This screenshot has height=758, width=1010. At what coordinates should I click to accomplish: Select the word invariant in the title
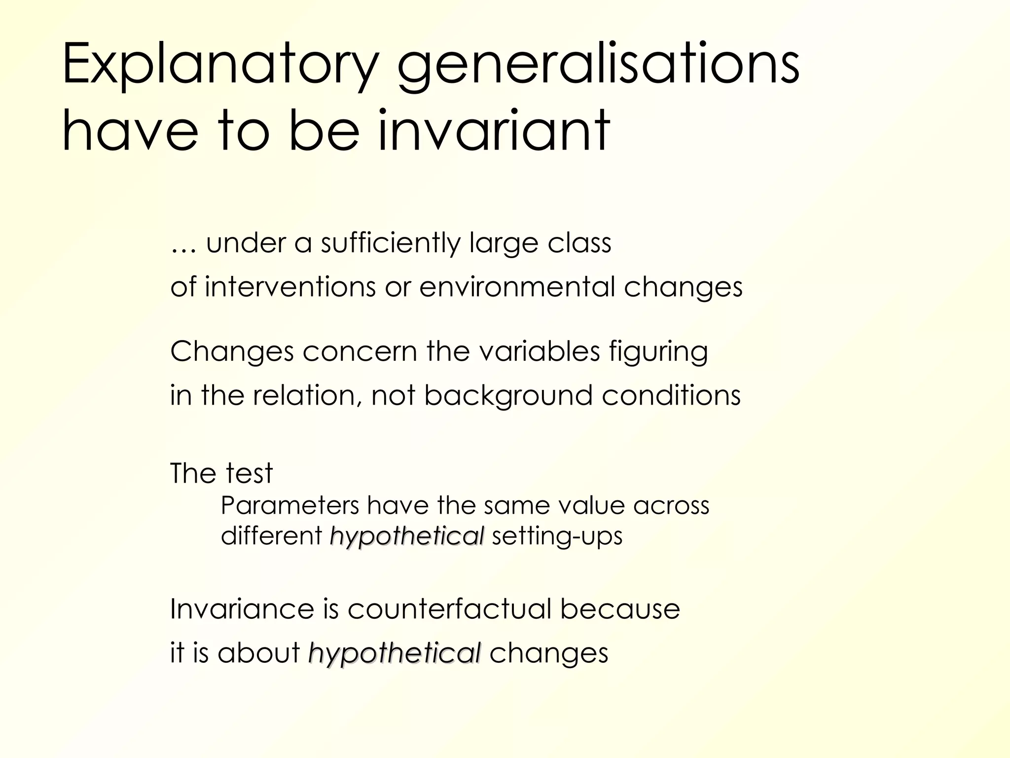coord(494,131)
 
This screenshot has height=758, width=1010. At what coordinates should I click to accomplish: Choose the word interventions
coord(290,287)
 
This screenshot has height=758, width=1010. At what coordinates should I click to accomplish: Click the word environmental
coord(517,287)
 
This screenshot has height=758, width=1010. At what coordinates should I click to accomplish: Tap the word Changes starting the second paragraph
coord(232,352)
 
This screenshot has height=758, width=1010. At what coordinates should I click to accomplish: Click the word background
coord(508,396)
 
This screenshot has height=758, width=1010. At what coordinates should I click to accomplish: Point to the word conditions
coord(671,395)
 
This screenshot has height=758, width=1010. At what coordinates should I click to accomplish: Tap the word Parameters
coord(290,505)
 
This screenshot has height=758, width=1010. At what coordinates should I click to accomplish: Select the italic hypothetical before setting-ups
coord(407,536)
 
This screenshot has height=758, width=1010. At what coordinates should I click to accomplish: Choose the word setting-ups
coord(557,536)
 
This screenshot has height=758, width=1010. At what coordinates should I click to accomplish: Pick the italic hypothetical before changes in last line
coord(394,653)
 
